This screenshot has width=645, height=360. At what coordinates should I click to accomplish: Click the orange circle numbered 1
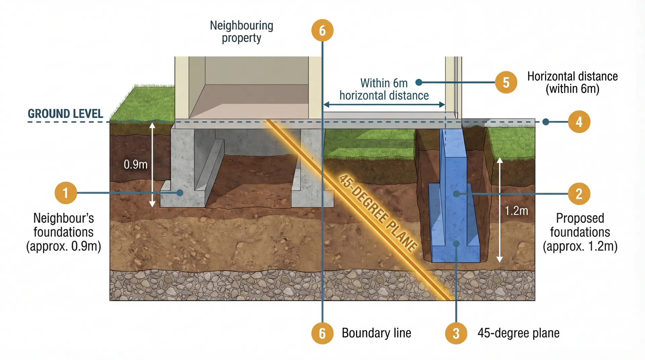(x=66, y=193)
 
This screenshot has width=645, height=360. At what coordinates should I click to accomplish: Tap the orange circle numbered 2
(x=579, y=194)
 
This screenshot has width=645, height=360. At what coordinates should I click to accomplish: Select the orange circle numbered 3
(x=456, y=333)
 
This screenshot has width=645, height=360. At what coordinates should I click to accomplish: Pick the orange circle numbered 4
(x=579, y=122)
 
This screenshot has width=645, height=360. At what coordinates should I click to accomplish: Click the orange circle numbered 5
(x=506, y=82)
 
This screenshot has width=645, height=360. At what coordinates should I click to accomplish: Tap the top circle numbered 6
(x=322, y=31)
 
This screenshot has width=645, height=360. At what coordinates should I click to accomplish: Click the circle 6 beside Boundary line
(x=322, y=333)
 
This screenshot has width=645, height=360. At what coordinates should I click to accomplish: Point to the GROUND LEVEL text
(x=65, y=114)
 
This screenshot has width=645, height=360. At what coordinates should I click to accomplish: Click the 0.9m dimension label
(x=135, y=164)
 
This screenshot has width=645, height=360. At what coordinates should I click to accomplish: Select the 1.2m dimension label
(x=516, y=211)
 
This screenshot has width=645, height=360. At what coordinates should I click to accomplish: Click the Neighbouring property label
(x=241, y=32)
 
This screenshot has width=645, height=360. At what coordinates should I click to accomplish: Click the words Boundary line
(x=376, y=333)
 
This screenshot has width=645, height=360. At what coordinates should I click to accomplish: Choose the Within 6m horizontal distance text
(x=384, y=89)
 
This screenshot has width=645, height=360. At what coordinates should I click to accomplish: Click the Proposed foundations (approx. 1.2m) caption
(x=580, y=232)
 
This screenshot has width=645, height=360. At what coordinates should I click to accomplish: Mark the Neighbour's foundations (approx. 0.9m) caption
(x=63, y=232)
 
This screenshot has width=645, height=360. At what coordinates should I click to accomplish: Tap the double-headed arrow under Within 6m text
(x=384, y=105)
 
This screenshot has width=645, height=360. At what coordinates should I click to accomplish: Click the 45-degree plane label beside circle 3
(x=518, y=333)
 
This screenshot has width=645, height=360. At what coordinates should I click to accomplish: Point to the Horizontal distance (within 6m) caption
(x=572, y=82)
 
